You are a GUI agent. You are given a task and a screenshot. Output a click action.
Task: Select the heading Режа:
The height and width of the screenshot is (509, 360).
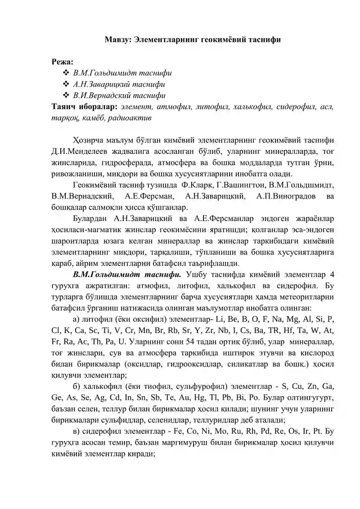tap(63, 61)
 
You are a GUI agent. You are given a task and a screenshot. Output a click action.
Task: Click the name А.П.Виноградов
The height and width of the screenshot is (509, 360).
tap(283, 196)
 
